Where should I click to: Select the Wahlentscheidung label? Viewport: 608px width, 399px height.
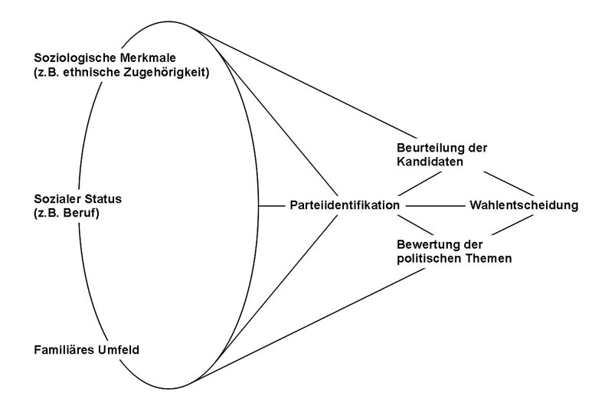[522, 206]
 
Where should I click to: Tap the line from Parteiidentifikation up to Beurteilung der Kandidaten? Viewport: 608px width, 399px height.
[421, 183]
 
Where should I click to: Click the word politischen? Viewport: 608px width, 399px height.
[430, 259]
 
